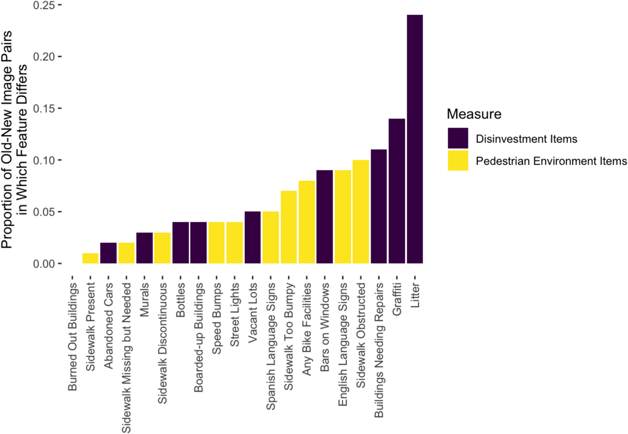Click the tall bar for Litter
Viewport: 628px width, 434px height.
[x=415, y=139]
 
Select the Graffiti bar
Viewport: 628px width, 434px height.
[x=397, y=191]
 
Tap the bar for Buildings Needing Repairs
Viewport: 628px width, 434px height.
[x=379, y=206]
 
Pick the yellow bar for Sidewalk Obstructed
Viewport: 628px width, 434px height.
[x=361, y=212]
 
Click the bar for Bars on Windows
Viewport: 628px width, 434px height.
[x=325, y=217]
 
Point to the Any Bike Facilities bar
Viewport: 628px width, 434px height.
[x=307, y=222]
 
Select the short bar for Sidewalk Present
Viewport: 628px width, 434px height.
[x=90, y=259]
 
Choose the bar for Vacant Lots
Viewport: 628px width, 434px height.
[x=253, y=237]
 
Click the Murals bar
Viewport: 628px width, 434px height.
[x=144, y=248]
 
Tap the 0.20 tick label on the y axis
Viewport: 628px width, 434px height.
[x=44, y=57]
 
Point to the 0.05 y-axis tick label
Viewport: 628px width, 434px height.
[x=44, y=212]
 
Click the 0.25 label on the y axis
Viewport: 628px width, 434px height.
[x=44, y=5]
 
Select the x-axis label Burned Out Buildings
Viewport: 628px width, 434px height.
[x=72, y=337]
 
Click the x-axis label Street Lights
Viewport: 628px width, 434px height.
[x=235, y=315]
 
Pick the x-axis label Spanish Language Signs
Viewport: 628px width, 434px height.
[x=271, y=346]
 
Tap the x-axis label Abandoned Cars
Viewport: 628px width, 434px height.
[x=108, y=326]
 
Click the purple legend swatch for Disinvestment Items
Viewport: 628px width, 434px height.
[x=458, y=139]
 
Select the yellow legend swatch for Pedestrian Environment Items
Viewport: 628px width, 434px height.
[x=458, y=161]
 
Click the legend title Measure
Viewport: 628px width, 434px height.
[x=474, y=114]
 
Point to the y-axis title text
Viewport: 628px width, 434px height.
[x=13, y=139]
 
